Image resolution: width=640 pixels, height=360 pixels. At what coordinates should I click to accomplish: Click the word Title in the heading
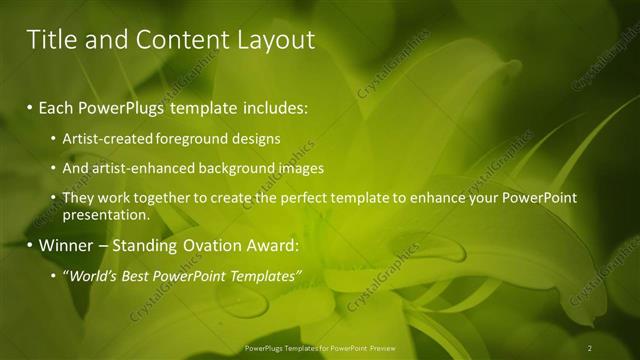coord(48,40)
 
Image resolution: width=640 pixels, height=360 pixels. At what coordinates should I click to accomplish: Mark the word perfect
coord(296,198)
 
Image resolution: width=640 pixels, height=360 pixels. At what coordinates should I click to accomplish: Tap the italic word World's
coord(92,275)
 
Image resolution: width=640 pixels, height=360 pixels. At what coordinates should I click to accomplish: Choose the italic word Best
coord(141,275)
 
